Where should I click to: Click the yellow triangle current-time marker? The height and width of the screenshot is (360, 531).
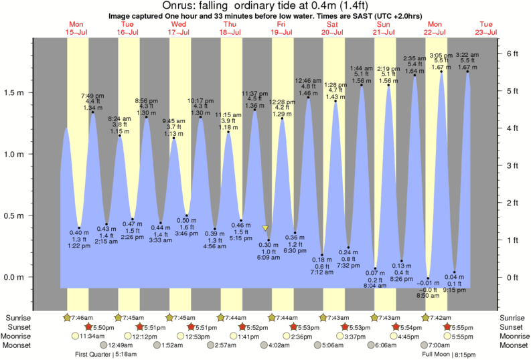click(265, 228)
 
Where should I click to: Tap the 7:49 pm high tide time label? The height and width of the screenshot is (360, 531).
click(91, 95)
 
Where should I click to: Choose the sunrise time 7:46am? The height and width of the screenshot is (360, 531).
click(84, 317)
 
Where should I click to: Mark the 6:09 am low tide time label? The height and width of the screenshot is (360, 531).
click(269, 258)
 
